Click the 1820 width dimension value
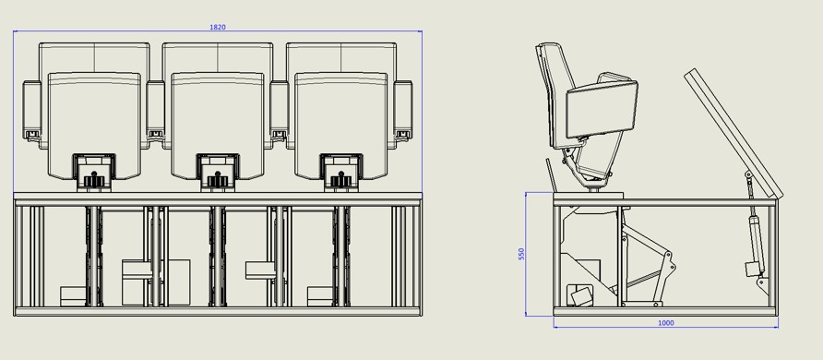point(218,27)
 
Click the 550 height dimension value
point(521,255)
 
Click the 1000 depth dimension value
point(665,323)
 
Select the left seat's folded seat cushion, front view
point(94,126)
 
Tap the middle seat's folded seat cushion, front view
point(218,126)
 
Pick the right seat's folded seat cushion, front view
point(341,126)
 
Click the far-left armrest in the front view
point(32,110)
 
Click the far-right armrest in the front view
point(403,110)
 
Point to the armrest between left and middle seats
point(156,110)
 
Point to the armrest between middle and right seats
point(280,110)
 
